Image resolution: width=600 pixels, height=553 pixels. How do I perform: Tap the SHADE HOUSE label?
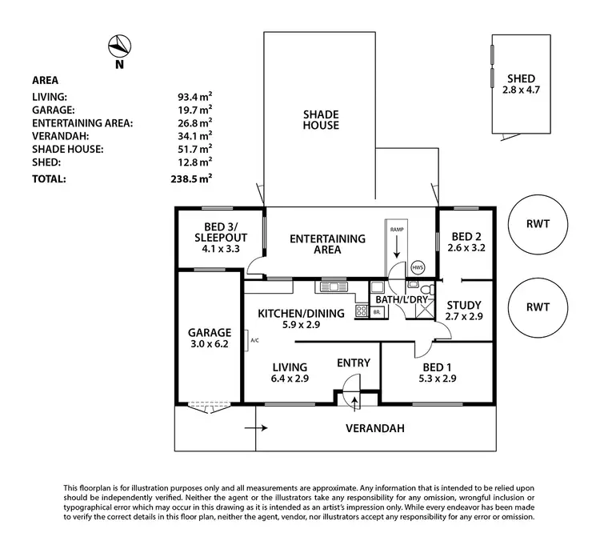[320, 119]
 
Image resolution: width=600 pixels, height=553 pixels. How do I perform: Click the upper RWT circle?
[537, 224]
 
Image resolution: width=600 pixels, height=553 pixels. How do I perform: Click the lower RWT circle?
[537, 307]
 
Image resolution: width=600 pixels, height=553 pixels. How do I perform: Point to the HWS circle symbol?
[418, 267]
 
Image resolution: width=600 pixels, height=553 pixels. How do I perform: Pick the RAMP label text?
[397, 230]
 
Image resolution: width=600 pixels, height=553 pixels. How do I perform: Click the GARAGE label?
[209, 333]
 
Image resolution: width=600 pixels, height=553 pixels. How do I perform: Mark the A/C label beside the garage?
[254, 340]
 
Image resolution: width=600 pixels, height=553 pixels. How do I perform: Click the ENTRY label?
[353, 363]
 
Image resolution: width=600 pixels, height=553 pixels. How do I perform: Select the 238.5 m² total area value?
[194, 179]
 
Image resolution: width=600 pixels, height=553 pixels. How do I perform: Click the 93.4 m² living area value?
[194, 95]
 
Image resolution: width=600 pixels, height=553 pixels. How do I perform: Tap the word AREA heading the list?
[45, 80]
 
